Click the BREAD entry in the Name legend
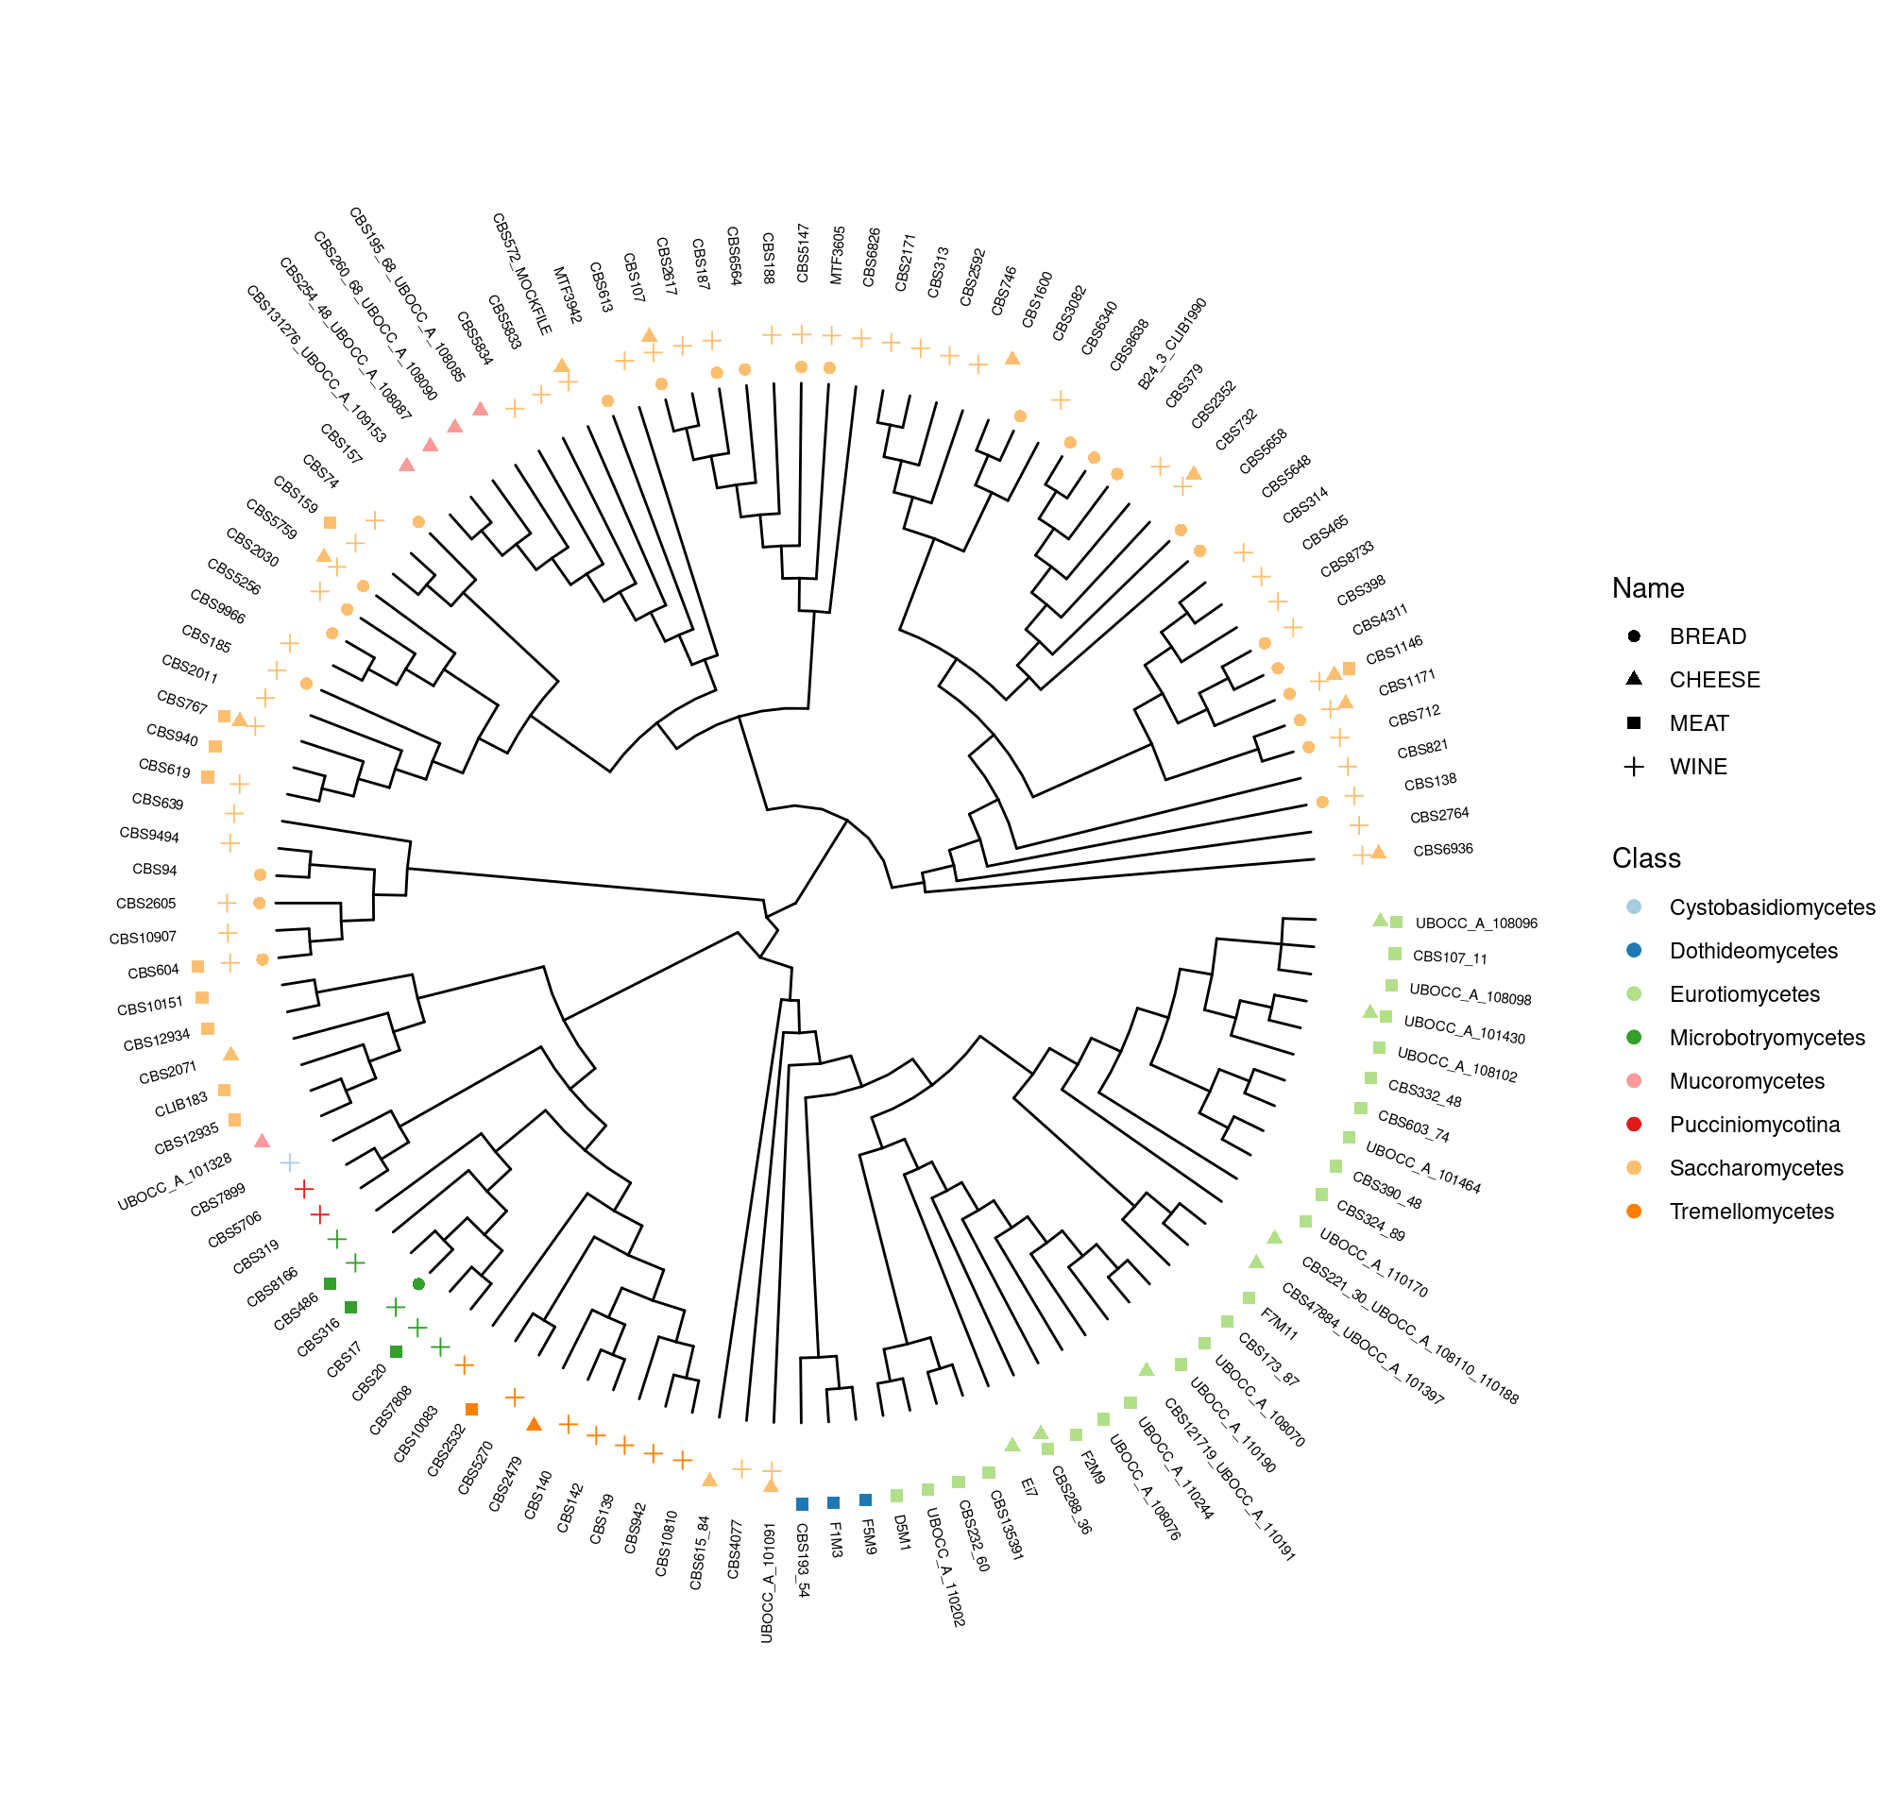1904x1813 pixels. (1707, 635)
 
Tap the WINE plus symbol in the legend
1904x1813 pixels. (1633, 767)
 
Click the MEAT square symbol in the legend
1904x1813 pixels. (1633, 723)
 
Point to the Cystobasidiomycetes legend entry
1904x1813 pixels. (1772, 907)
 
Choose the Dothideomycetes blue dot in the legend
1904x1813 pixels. (1633, 951)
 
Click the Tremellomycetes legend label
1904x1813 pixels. (1750, 1211)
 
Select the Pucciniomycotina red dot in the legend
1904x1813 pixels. (1633, 1125)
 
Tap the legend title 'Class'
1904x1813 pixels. (1646, 858)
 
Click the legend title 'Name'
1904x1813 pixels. (1647, 588)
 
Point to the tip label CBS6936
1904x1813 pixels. (1442, 851)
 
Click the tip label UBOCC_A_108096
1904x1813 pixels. (1475, 923)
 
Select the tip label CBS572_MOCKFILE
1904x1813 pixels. (522, 275)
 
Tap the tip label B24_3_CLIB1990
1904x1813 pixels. (1171, 344)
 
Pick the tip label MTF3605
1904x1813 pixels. (838, 255)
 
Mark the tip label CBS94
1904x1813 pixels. (155, 870)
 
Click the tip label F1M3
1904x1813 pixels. (836, 1539)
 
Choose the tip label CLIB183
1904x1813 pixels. (180, 1105)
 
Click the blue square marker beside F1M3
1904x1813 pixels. (833, 1502)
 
